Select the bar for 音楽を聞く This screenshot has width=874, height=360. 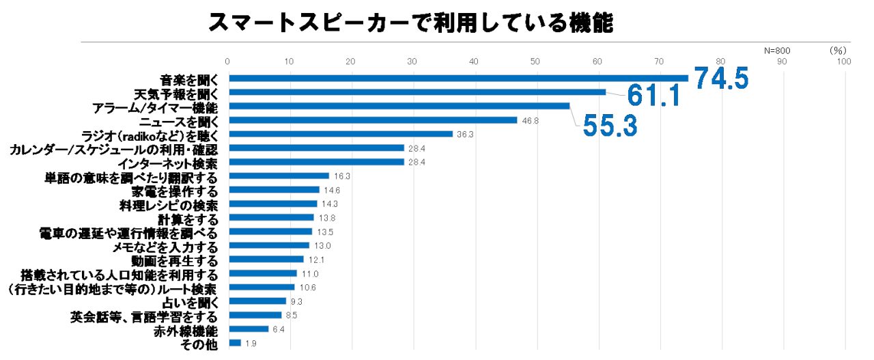[458, 78]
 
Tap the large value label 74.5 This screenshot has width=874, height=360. [722, 79]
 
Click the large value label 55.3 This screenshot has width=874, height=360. [609, 125]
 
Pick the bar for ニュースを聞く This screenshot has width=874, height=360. [373, 120]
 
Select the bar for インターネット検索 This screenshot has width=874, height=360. [316, 162]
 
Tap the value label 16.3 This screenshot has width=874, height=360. [342, 176]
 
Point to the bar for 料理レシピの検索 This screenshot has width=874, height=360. [273, 204]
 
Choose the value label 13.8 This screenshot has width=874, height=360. [327, 218]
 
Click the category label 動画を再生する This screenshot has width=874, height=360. [174, 260]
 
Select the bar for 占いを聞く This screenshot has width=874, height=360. [257, 301]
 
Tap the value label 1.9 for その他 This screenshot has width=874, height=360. [251, 343]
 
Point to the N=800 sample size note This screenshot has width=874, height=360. [776, 51]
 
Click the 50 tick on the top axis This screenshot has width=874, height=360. [535, 62]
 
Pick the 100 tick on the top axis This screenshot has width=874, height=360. [843, 62]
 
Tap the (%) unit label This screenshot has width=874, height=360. [838, 51]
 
